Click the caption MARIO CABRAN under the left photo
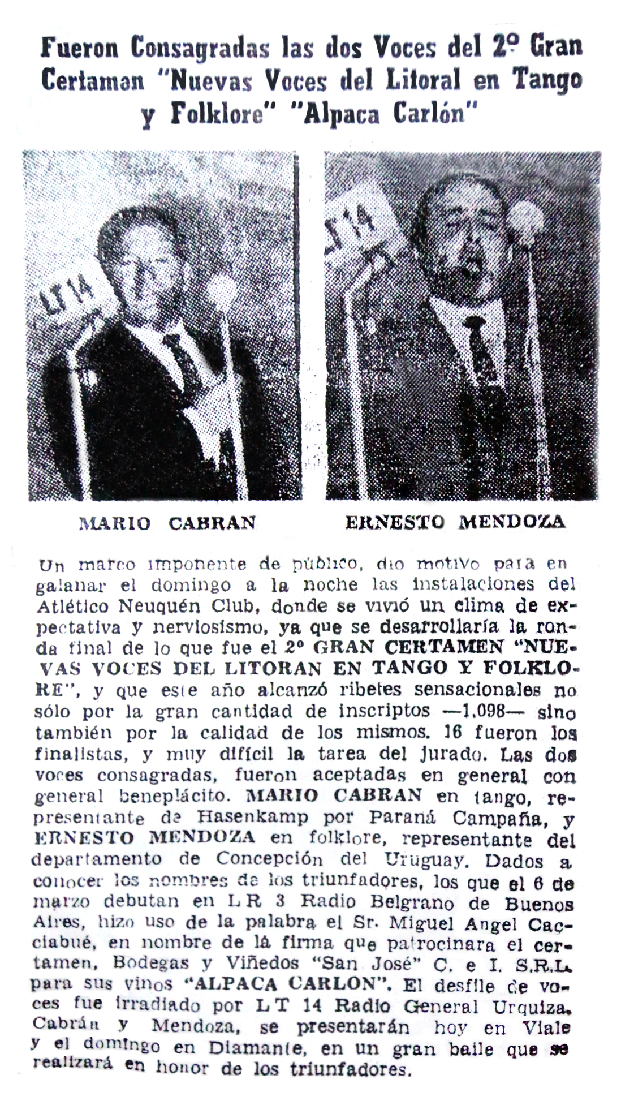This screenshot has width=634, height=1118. (167, 522)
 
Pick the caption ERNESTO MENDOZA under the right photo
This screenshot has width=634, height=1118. (455, 522)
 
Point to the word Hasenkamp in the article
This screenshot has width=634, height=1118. (253, 817)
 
